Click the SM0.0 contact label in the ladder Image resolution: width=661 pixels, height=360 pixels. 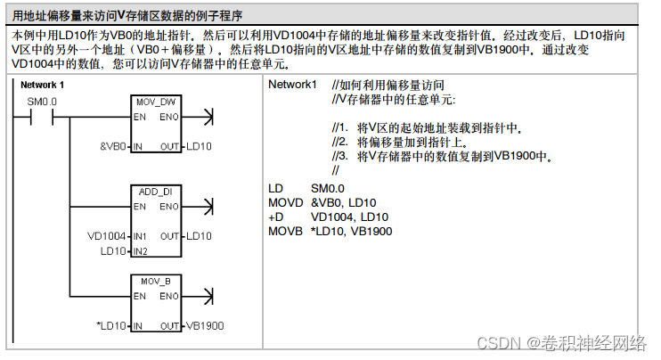click(x=42, y=102)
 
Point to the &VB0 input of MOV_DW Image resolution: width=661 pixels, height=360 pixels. click(x=113, y=146)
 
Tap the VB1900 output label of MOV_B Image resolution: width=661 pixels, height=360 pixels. click(x=205, y=326)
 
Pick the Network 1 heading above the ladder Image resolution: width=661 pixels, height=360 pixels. click(x=42, y=86)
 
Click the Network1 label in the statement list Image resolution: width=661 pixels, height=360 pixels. click(x=292, y=85)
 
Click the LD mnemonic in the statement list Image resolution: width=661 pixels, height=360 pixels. click(x=275, y=189)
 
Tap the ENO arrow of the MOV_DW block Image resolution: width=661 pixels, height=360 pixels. click(x=208, y=117)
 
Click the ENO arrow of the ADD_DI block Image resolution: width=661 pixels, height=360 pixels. click(x=208, y=206)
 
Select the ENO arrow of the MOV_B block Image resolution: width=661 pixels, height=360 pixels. click(x=208, y=296)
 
